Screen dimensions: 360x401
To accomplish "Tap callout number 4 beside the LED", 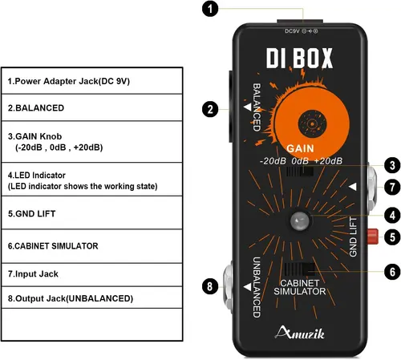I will click(x=390, y=214).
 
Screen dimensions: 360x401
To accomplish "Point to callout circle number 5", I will click(x=390, y=237).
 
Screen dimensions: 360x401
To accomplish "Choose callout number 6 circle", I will click(x=390, y=272).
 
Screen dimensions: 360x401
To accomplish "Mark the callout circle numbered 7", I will click(x=390, y=186).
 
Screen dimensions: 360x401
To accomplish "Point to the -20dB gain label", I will click(x=273, y=161).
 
